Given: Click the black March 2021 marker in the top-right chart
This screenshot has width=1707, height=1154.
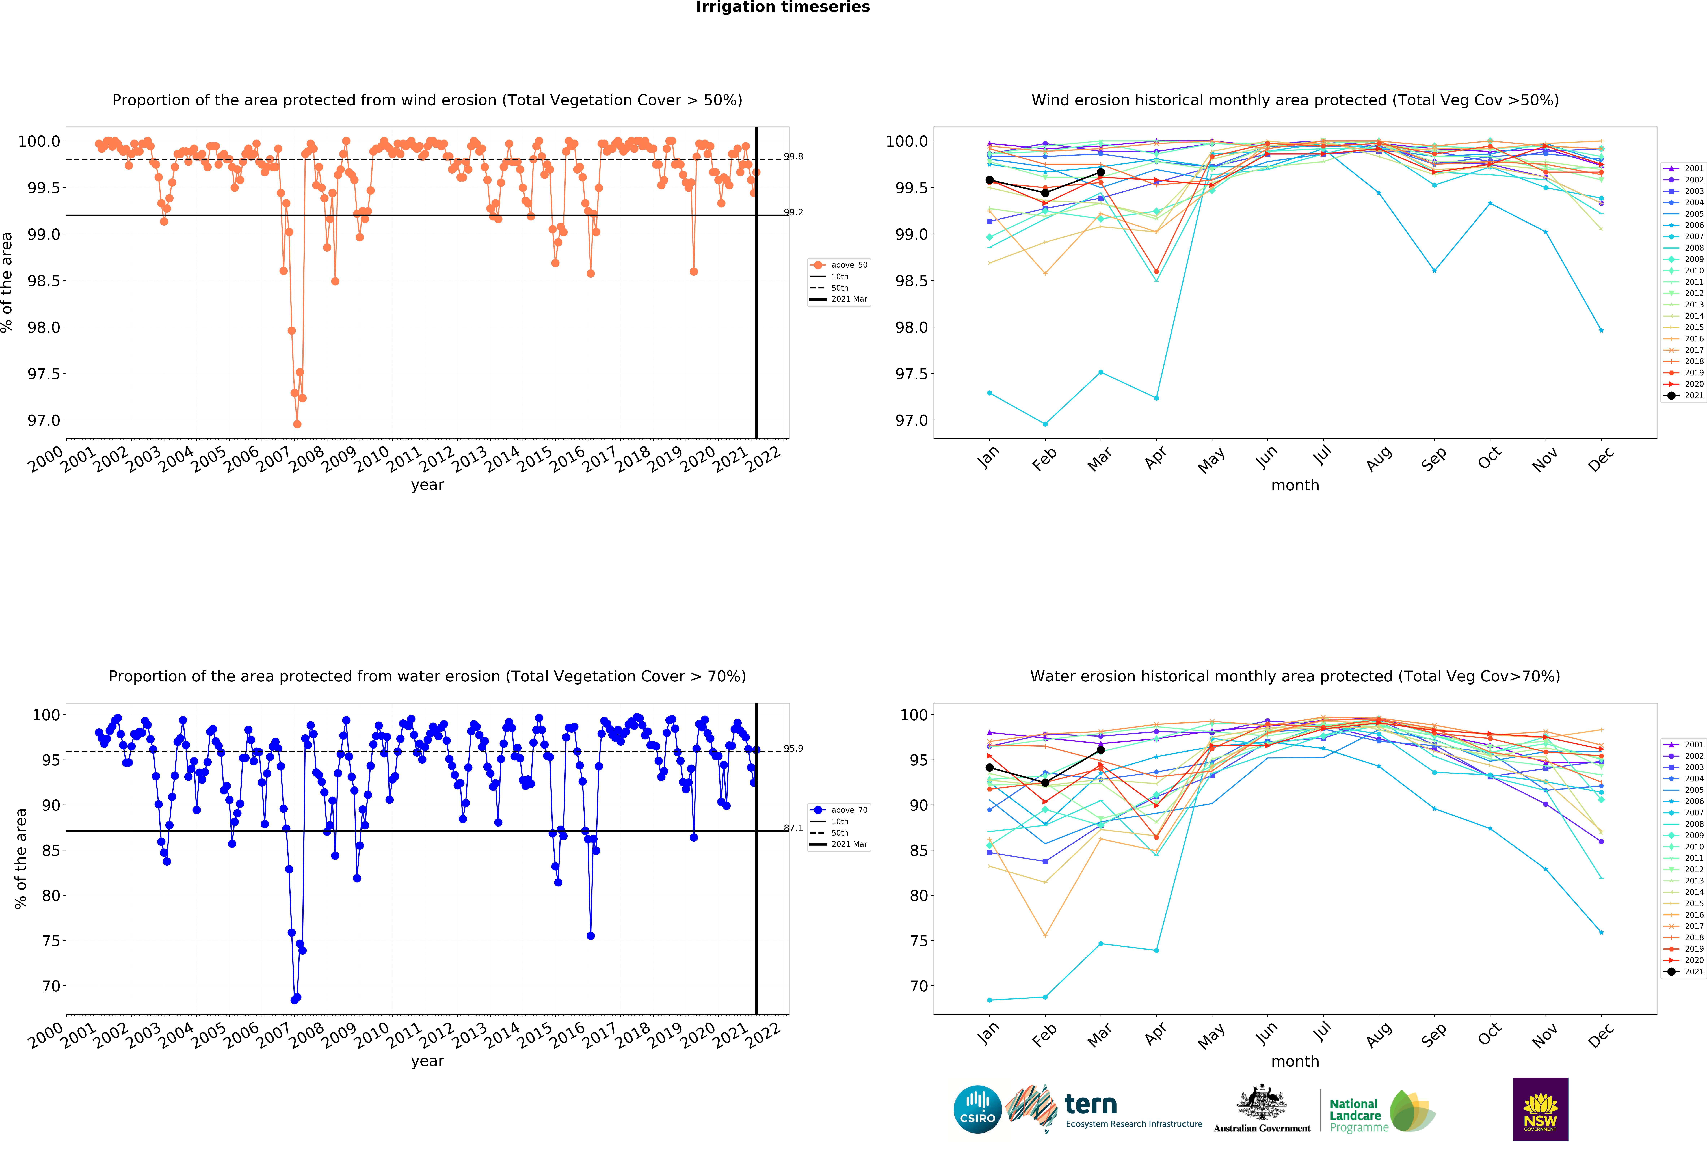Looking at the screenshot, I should pos(1100,172).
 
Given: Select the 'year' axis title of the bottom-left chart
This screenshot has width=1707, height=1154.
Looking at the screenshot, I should pos(427,1061).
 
